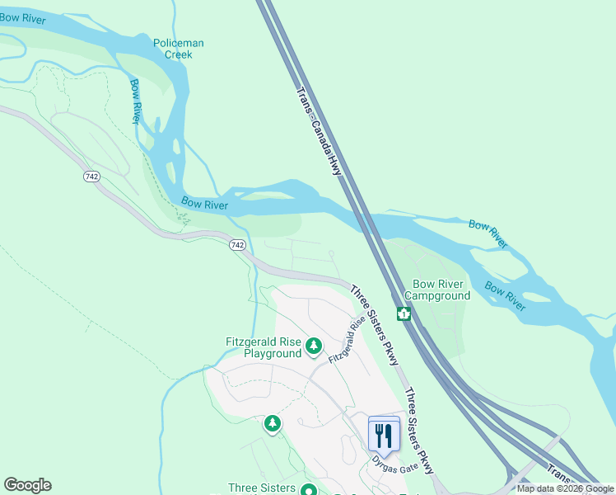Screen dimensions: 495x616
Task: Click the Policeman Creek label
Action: [x=178, y=49]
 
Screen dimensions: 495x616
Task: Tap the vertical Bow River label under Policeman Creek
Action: [x=135, y=101]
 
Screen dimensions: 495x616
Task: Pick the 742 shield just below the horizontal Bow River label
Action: [x=237, y=245]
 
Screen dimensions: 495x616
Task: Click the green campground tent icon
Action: [x=404, y=313]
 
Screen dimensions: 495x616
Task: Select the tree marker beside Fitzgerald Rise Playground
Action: [x=313, y=346]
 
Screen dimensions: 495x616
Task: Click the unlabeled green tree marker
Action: [x=273, y=424]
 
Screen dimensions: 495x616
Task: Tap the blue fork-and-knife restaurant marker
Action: [x=384, y=434]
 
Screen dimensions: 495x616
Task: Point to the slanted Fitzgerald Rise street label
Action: [x=346, y=341]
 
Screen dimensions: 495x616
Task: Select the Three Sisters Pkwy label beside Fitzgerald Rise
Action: [x=375, y=325]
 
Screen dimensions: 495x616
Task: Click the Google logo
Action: [x=27, y=485]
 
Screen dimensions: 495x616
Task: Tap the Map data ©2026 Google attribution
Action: [x=565, y=488]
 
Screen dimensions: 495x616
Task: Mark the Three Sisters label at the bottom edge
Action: [x=261, y=488]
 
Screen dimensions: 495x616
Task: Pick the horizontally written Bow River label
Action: [x=204, y=204]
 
